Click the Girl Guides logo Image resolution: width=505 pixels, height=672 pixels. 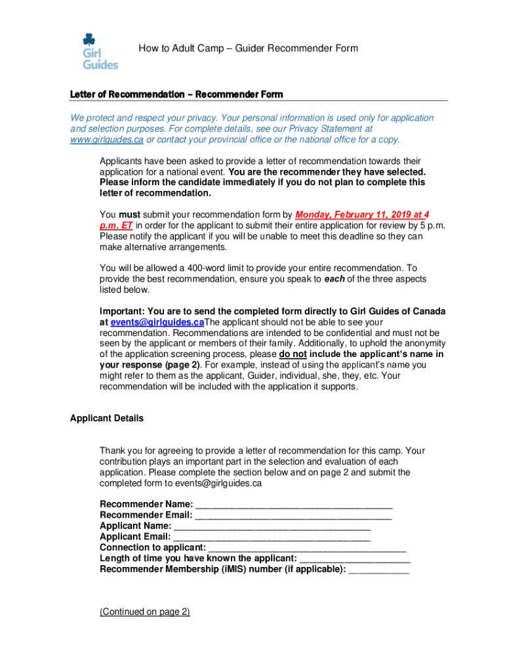coord(99,51)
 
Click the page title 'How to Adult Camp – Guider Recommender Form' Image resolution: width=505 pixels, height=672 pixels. coord(248,49)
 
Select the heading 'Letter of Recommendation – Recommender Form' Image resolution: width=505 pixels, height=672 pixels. coord(176,95)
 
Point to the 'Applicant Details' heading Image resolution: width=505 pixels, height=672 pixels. coord(106,418)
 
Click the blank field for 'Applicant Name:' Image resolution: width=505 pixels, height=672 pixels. coord(272,526)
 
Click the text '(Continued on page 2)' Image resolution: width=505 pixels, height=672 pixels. coord(144,612)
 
